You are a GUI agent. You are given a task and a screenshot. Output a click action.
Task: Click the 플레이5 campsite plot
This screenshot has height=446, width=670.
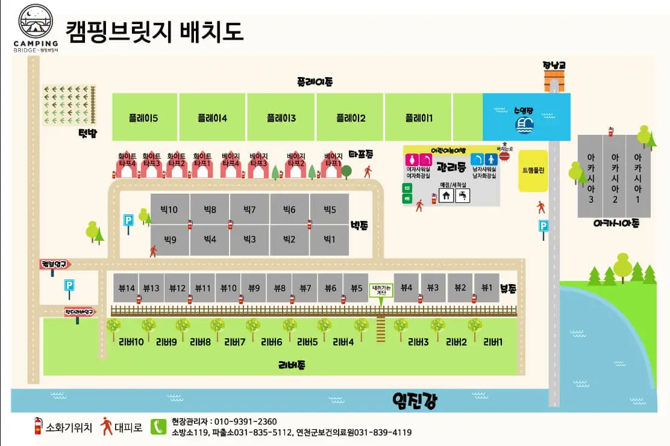pyautogui.click(x=144, y=117)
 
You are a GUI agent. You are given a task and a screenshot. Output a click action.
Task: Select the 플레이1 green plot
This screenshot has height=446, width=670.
pyautogui.click(x=418, y=117)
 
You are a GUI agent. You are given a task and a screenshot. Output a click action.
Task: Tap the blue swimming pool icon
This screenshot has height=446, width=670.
pyautogui.click(x=524, y=124)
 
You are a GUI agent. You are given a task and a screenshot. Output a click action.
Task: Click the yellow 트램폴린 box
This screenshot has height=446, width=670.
pyautogui.click(x=533, y=170)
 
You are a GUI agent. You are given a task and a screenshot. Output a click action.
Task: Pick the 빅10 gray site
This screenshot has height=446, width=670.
pyautogui.click(x=169, y=209)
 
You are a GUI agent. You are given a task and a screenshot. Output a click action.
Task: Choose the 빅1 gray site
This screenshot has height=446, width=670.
pyautogui.click(x=329, y=239)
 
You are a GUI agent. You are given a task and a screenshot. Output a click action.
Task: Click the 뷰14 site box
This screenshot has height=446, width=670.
pyautogui.click(x=127, y=288)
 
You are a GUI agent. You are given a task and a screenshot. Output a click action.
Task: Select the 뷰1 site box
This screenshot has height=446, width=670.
pyautogui.click(x=486, y=288)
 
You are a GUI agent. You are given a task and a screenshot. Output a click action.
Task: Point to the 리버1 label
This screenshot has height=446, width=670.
pyautogui.click(x=493, y=342)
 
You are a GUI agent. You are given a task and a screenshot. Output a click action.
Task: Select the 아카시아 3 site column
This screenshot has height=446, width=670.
pyautogui.click(x=590, y=176)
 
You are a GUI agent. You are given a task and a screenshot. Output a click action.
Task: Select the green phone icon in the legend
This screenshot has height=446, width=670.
pyautogui.click(x=158, y=426)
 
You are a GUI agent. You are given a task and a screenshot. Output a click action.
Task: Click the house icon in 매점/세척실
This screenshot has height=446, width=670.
pyautogui.click(x=446, y=195)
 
